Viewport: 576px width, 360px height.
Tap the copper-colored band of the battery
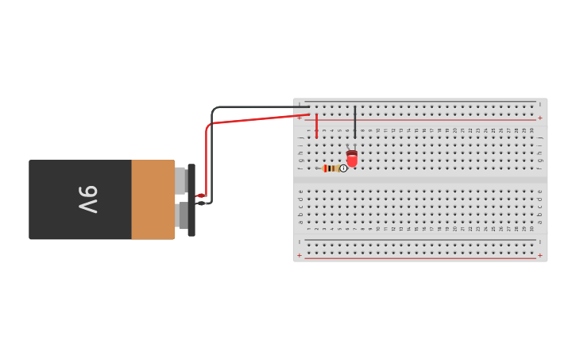(x=153, y=199)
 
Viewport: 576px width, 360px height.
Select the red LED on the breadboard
(x=352, y=159)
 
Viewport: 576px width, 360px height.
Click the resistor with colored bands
(x=331, y=168)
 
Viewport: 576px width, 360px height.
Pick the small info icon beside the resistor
(x=343, y=168)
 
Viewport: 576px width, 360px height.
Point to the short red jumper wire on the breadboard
(x=316, y=126)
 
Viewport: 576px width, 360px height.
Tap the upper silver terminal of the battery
(x=180, y=180)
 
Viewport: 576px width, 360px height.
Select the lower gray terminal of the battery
(x=183, y=216)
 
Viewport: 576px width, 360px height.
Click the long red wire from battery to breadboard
(x=254, y=120)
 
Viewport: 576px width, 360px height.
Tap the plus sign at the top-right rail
(x=540, y=118)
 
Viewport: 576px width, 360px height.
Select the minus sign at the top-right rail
(x=540, y=104)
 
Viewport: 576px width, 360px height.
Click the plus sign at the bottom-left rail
(x=300, y=255)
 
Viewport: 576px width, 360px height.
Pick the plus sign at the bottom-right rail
(x=540, y=255)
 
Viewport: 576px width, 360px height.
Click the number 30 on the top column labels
(x=532, y=130)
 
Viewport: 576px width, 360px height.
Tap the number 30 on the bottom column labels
(x=532, y=229)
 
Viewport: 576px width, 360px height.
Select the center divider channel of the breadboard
(x=420, y=180)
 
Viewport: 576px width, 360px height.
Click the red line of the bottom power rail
(x=420, y=257)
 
